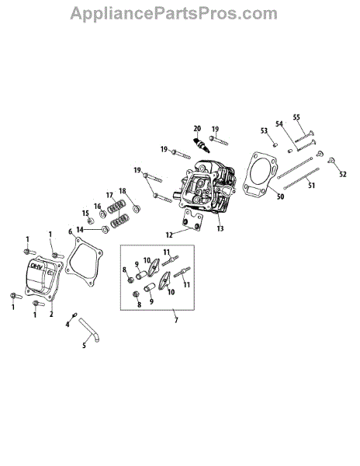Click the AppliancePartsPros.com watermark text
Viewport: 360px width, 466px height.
coord(174,14)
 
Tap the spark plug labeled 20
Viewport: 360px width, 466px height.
coord(202,145)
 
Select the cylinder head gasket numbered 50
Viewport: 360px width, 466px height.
coord(260,174)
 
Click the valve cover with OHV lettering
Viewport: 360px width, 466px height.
coord(44,276)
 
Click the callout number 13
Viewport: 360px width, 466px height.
coord(220,228)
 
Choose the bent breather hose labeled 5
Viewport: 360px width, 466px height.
coord(89,330)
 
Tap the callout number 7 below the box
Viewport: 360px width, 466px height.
coord(176,320)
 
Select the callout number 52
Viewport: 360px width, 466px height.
coord(343,174)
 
